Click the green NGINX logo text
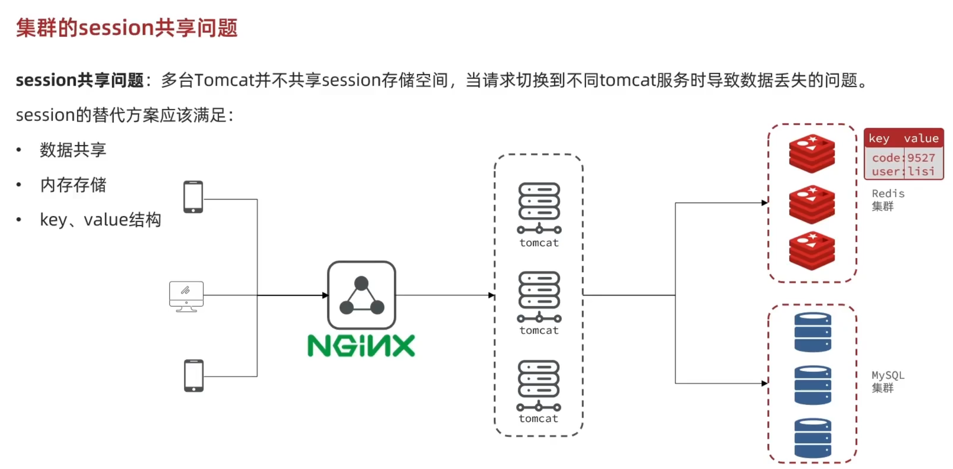pyautogui.click(x=361, y=346)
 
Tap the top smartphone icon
pyautogui.click(x=193, y=197)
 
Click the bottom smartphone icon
pyautogui.click(x=194, y=376)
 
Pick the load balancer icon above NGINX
pyautogui.click(x=361, y=295)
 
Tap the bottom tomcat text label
pyautogui.click(x=538, y=419)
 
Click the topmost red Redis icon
pyautogui.click(x=812, y=154)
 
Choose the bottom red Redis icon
pyautogui.click(x=812, y=251)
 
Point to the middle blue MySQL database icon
pyautogui.click(x=813, y=385)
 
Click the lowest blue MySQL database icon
pyautogui.click(x=813, y=438)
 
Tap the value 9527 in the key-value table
pyautogui.click(x=921, y=158)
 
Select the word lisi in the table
pyautogui.click(x=921, y=171)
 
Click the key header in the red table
pyautogui.click(x=879, y=139)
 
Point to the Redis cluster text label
pyautogui.click(x=888, y=200)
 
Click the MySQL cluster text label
pyautogui.click(x=888, y=382)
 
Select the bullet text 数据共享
pyautogui.click(x=73, y=150)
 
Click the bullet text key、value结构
pyautogui.click(x=101, y=220)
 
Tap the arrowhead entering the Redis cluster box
pyautogui.click(x=765, y=203)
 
